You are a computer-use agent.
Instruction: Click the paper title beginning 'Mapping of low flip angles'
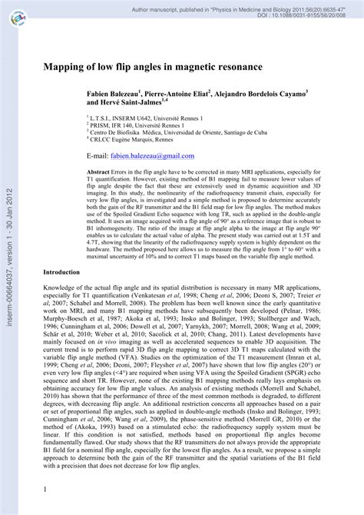(152, 68)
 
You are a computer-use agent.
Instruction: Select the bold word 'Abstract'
(99, 172)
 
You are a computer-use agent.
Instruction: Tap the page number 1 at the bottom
(45, 490)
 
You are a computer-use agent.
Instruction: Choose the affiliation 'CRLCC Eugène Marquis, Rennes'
(139, 139)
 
